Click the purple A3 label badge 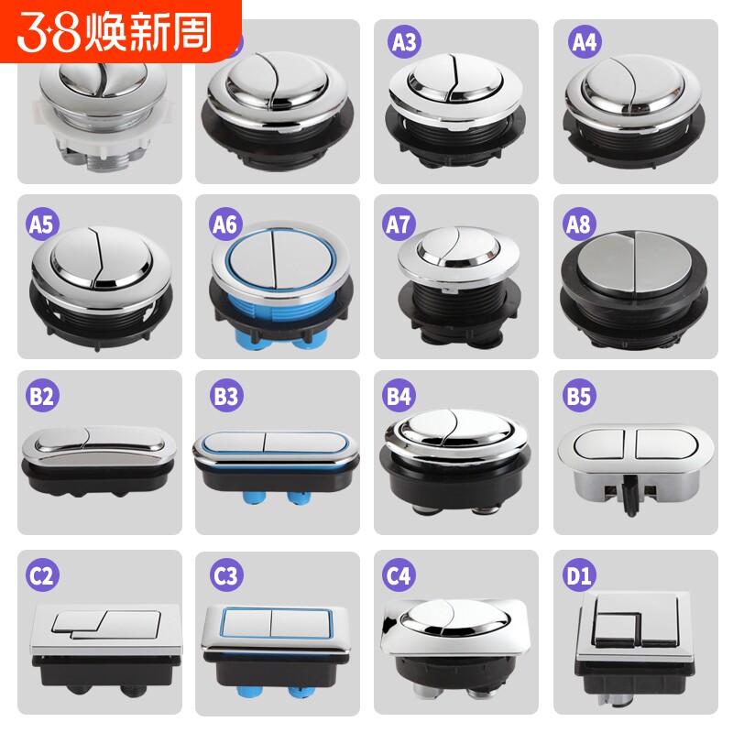click(x=404, y=42)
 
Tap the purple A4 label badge click(x=584, y=42)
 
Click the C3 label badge click(x=224, y=576)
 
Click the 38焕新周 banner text click(x=119, y=31)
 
